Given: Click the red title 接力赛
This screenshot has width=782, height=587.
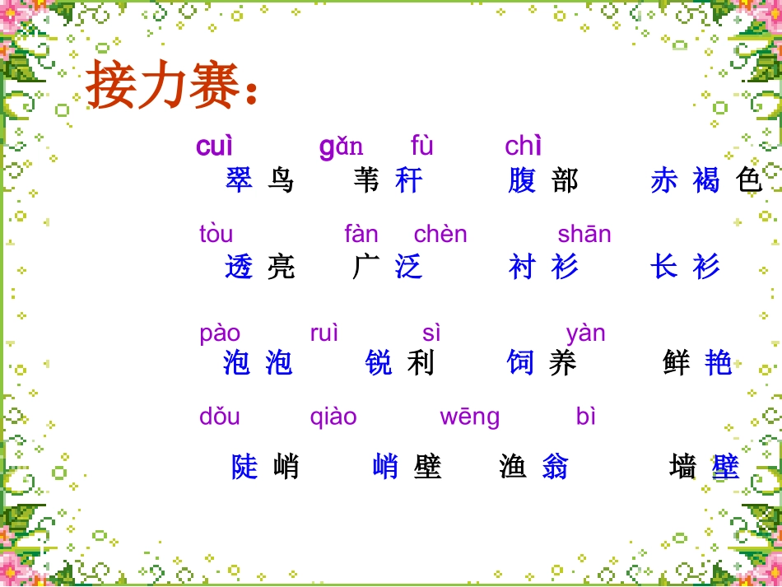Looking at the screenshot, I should tap(172, 86).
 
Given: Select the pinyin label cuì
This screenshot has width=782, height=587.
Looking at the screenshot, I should tap(214, 147).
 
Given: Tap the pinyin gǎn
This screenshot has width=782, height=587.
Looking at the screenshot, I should tap(341, 147).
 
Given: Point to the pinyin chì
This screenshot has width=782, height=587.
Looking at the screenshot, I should tap(523, 147).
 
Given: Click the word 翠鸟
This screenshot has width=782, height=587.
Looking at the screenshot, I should tap(259, 180).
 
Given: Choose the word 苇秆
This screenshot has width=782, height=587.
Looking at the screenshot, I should tap(387, 180).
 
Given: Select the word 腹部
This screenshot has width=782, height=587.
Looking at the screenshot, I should tap(543, 180).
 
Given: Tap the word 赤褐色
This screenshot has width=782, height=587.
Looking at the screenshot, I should tap(706, 180).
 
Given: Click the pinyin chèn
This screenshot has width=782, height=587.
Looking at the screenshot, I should tap(440, 235).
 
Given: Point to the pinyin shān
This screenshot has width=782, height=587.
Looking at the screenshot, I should tap(584, 235).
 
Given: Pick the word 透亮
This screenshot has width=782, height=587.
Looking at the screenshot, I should tap(259, 267).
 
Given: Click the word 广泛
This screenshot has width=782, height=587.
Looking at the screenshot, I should tap(387, 267).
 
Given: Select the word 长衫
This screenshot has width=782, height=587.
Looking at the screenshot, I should tap(685, 267).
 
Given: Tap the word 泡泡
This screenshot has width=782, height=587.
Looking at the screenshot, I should tap(258, 362).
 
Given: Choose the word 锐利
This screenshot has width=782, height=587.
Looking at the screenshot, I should tap(399, 362).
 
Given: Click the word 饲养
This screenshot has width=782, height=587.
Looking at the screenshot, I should tap(542, 362).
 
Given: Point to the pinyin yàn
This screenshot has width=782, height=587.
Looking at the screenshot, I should tap(585, 333).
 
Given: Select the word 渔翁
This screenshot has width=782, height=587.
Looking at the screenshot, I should tap(533, 467).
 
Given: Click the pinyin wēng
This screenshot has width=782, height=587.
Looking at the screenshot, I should tap(469, 417).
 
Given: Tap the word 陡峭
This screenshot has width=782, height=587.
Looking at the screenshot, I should tap(265, 467).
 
